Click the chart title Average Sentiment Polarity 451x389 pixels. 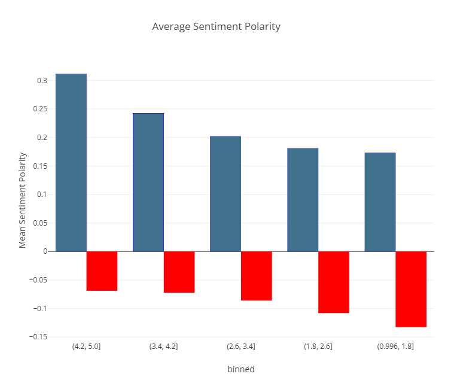tap(216, 26)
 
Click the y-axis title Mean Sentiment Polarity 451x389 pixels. tap(23, 200)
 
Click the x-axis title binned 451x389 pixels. tap(240, 369)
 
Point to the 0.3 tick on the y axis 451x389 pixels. tap(42, 81)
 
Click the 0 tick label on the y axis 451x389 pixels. tap(44, 251)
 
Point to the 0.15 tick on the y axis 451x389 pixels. tap(40, 166)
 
